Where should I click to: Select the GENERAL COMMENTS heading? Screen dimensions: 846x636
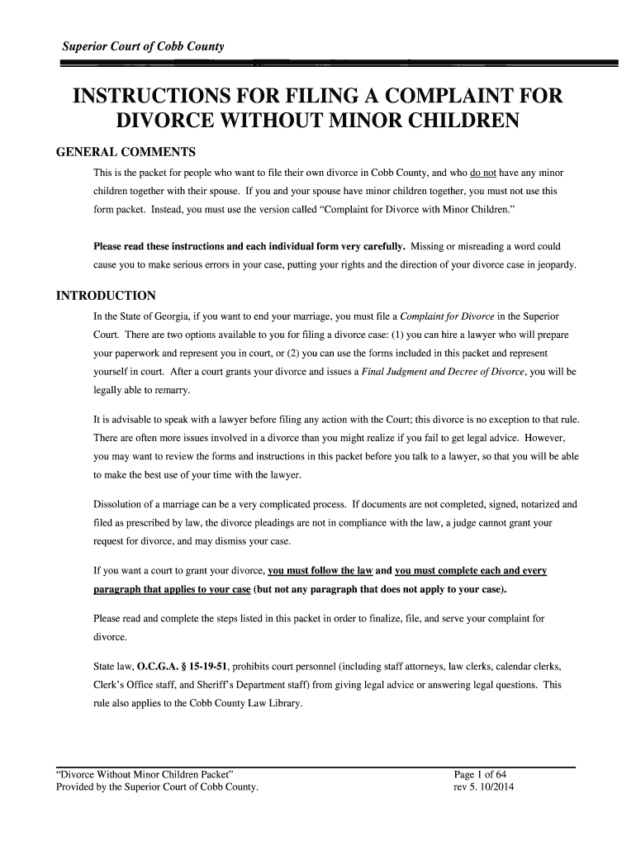(125, 153)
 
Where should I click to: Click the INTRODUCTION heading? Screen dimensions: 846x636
(105, 296)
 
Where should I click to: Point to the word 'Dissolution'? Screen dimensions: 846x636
(119, 503)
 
